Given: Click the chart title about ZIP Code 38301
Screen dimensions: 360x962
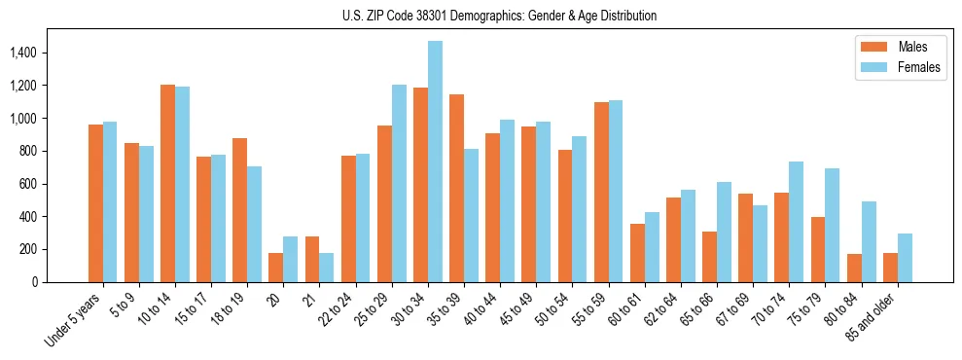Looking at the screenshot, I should coord(500,16).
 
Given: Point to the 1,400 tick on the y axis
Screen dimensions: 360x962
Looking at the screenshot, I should coord(24,53).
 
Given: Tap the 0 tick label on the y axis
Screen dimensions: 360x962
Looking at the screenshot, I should coord(35,282).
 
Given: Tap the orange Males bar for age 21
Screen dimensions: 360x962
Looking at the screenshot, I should coord(312,259).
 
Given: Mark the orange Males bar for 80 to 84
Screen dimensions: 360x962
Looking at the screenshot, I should coord(854,268).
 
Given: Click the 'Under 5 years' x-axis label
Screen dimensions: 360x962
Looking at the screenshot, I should coord(74,320).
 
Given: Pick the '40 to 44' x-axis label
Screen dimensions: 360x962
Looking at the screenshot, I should coord(479,309).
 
